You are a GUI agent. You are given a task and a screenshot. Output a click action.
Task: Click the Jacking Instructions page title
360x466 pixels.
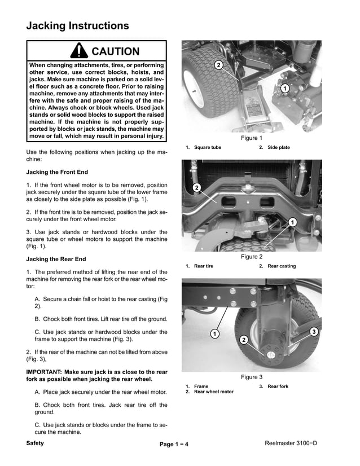pos(77,26)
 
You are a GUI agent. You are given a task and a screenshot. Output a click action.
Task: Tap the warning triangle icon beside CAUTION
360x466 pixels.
pos(80,51)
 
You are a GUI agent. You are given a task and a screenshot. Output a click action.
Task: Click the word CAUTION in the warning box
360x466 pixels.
pos(115,51)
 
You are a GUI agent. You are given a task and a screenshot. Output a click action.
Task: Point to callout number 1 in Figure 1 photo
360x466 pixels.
pos(285,89)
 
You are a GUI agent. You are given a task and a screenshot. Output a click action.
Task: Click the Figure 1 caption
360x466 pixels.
pos(252,138)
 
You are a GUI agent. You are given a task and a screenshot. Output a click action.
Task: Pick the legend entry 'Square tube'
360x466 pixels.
pos(207,148)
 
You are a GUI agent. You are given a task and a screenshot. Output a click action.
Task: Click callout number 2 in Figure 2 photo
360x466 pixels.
pos(196,187)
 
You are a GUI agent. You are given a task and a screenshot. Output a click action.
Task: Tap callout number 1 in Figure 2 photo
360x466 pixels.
pos(292,222)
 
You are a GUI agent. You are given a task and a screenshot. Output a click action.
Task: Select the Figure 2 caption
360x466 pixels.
pos(252,257)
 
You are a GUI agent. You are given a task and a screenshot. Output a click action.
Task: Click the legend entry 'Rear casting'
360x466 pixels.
pos(281,266)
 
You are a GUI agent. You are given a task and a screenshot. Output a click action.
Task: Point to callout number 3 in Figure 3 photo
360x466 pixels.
pos(314,331)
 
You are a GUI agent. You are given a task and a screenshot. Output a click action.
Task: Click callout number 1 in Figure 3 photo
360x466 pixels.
pos(215,334)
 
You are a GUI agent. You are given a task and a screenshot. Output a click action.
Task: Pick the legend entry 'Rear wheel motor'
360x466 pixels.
pos(213,392)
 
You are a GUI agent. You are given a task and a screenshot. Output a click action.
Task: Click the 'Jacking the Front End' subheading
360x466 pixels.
pos(57,172)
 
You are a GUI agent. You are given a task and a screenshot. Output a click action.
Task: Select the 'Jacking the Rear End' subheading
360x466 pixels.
pos(56,259)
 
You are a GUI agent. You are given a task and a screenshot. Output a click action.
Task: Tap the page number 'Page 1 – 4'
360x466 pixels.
pos(174,445)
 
